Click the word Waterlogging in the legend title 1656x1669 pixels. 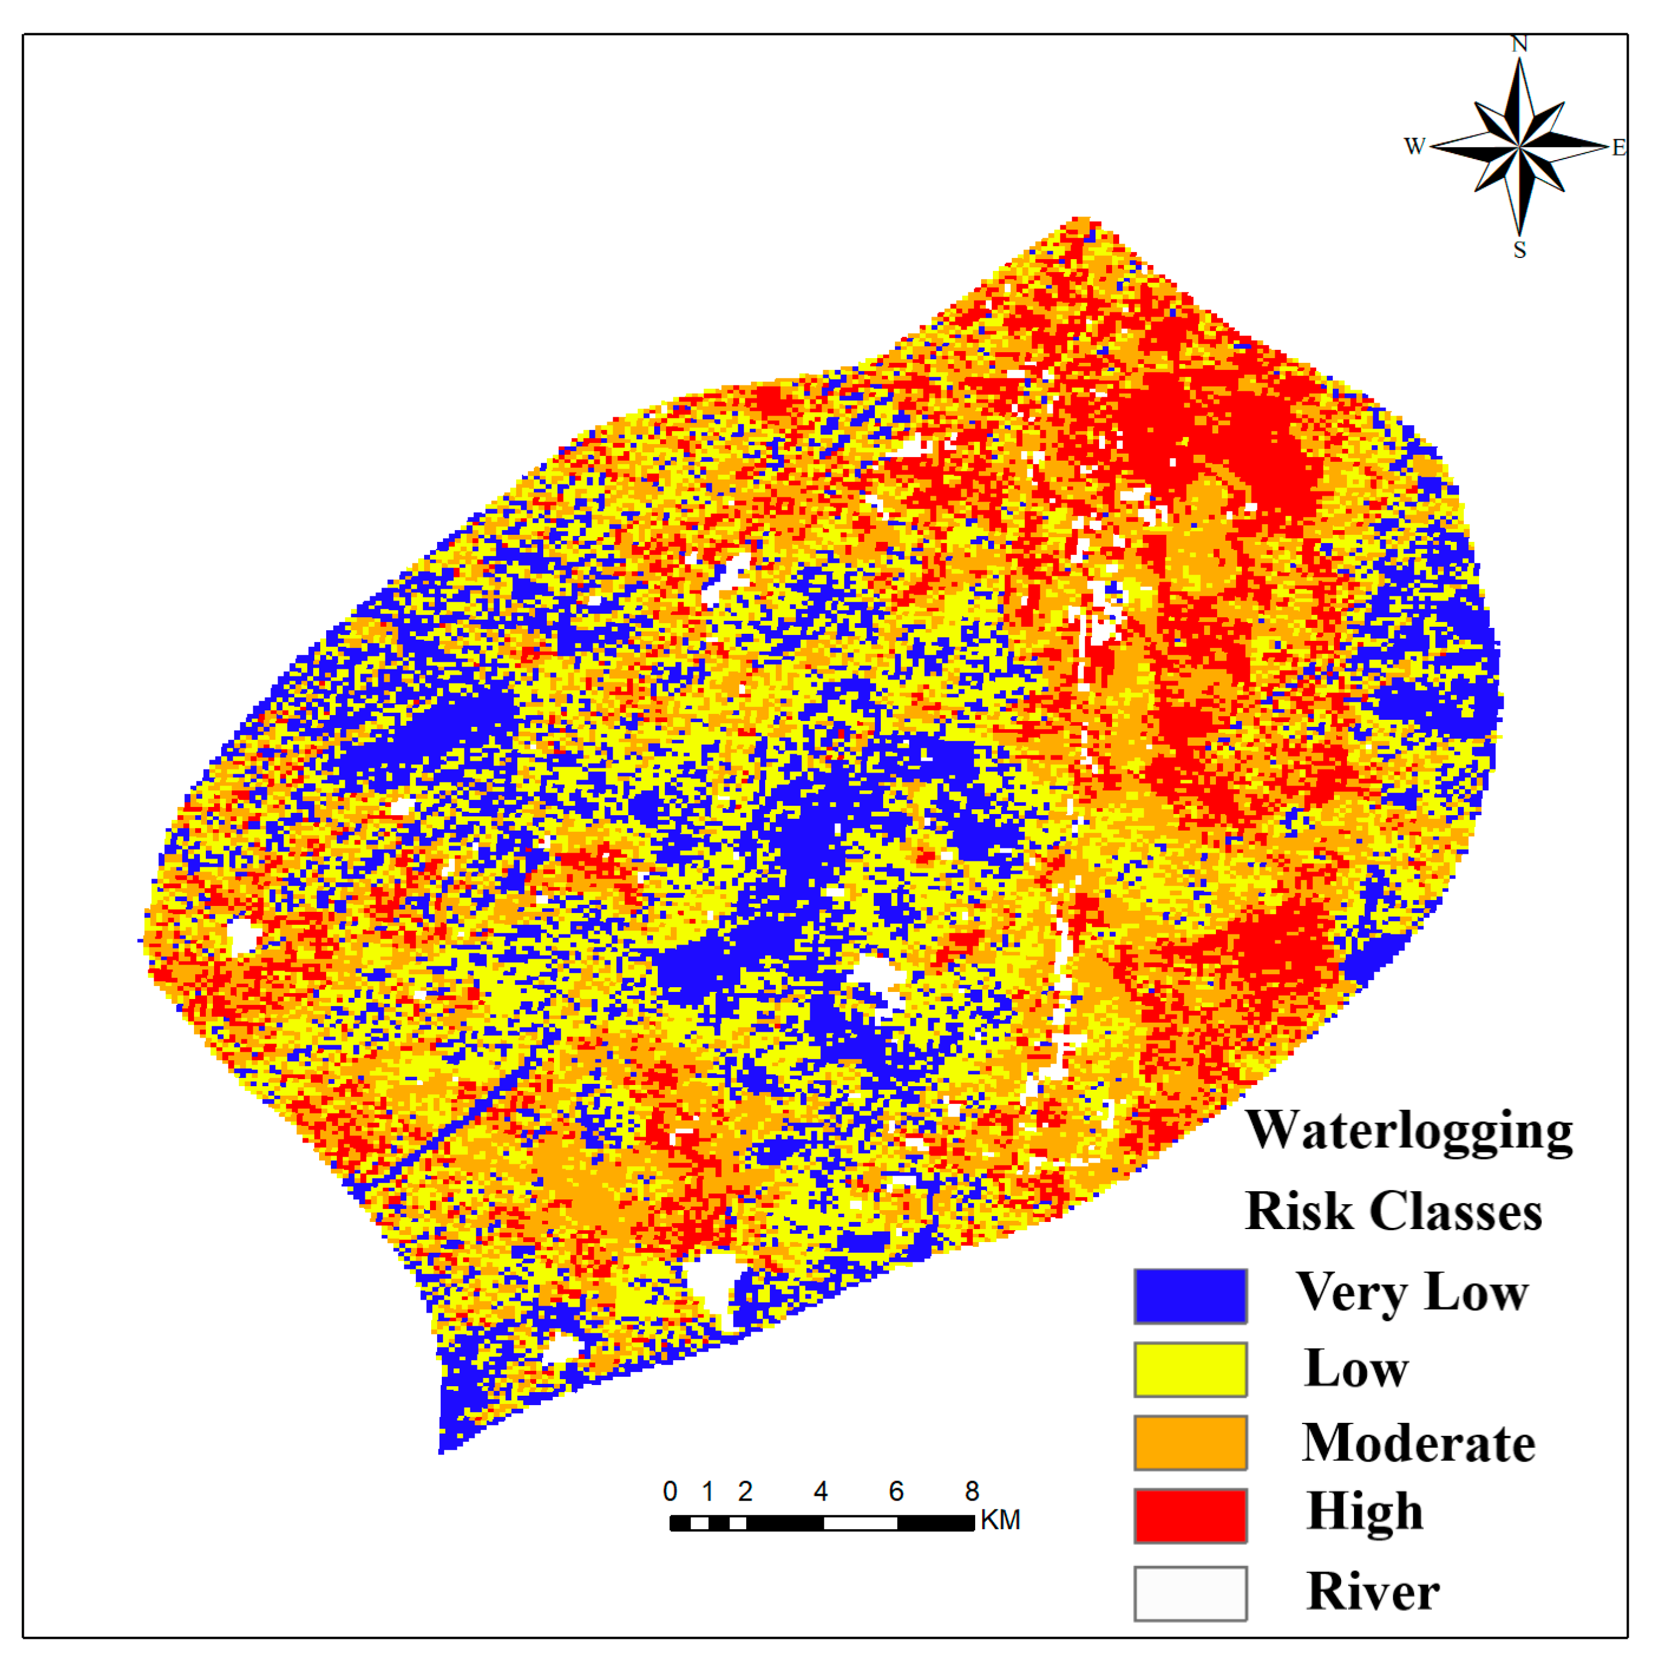tap(1408, 1132)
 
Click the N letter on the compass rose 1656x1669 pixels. tap(1518, 44)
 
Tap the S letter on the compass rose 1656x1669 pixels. tap(1518, 251)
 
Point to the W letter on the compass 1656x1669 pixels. tap(1414, 146)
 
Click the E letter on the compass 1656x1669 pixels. tap(1618, 148)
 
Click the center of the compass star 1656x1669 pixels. tap(1518, 147)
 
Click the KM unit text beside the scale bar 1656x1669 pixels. tap(1000, 1520)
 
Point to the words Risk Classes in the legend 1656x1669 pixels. tap(1393, 1211)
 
